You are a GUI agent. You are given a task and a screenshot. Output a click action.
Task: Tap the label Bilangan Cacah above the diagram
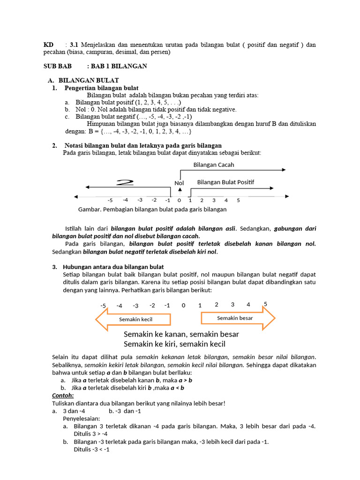pyautogui.click(x=214, y=165)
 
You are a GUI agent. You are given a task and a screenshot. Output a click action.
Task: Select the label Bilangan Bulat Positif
pyautogui.click(x=225, y=182)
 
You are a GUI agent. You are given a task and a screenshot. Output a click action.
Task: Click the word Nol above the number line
pyautogui.click(x=180, y=183)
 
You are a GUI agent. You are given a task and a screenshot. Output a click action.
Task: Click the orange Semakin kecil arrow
pyautogui.click(x=133, y=319)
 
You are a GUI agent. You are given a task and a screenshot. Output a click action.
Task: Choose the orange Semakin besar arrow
pyautogui.click(x=238, y=318)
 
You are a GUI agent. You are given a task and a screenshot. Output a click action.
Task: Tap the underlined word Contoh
pyautogui.click(x=63, y=395)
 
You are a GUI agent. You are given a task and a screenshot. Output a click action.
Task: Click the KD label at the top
pyautogui.click(x=49, y=45)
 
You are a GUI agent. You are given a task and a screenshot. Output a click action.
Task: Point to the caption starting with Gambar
pyautogui.click(x=152, y=210)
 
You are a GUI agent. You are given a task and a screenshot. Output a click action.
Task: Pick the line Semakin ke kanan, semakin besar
pyautogui.click(x=181, y=334)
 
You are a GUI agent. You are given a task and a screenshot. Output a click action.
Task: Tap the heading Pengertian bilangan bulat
pyautogui.click(x=101, y=88)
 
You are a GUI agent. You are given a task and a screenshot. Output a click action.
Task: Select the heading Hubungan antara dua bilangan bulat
pyautogui.click(x=113, y=267)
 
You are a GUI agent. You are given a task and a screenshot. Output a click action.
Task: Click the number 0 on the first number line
pyautogui.click(x=180, y=201)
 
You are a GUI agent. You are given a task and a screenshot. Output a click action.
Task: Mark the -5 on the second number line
pyautogui.click(x=103, y=306)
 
